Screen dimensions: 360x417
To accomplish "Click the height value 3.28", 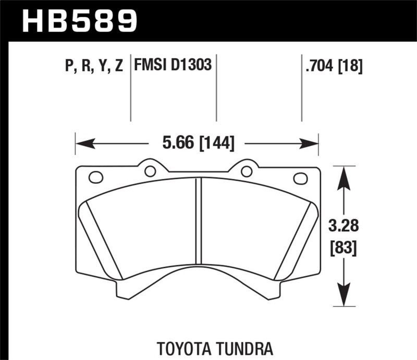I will coord(342,227).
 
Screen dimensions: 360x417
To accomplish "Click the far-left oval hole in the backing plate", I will coord(96,177).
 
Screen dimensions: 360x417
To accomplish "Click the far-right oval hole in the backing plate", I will coord(301,178).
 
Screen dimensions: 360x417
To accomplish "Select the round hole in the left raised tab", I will coord(150,171).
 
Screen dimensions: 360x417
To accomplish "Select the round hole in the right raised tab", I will coord(247,171).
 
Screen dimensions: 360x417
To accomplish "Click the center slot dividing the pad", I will coord(198,221).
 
